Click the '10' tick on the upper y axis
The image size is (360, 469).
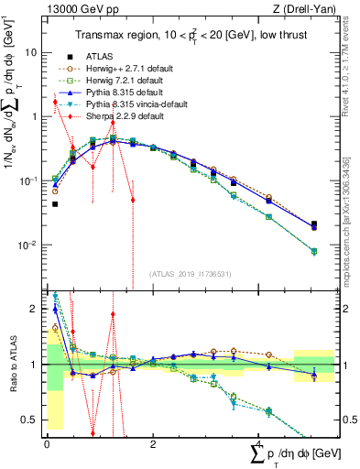pyautogui.click(x=32, y=52)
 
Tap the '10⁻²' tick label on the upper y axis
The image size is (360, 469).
pyautogui.click(x=30, y=245)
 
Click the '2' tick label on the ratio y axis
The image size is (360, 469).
pyautogui.click(x=37, y=310)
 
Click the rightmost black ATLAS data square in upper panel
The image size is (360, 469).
pyautogui.click(x=314, y=224)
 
